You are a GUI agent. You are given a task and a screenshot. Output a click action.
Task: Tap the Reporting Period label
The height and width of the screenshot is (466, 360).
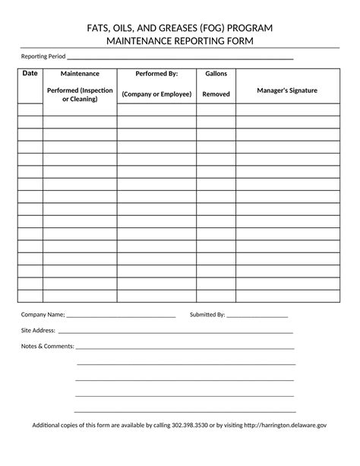coord(43,57)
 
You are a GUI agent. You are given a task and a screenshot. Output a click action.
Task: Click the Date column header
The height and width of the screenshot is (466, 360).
coord(30,73)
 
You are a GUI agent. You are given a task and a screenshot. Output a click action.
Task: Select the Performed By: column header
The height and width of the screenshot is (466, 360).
coord(156,74)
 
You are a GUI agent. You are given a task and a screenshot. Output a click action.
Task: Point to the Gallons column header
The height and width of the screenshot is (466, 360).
coord(216,74)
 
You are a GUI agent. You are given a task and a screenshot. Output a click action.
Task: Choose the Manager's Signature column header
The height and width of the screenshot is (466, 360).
coord(287,90)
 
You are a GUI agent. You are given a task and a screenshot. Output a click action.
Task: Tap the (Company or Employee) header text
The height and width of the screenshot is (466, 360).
coord(156,94)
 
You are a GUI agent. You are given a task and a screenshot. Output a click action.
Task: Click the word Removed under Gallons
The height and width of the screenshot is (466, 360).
coord(216,94)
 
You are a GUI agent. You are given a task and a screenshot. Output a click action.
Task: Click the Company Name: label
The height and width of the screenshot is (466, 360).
coord(43,314)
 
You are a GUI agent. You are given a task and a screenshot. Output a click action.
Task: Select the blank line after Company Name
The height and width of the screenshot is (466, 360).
coord(122,315)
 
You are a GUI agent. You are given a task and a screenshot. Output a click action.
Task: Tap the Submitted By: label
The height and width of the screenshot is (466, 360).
coord(207,314)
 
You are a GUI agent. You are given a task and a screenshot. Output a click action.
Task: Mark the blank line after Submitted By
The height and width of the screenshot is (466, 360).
coord(257,315)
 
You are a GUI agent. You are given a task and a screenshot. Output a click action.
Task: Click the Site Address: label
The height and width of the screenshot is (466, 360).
coord(38,331)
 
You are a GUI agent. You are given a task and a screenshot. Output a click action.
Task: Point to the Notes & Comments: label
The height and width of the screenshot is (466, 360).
coord(47,346)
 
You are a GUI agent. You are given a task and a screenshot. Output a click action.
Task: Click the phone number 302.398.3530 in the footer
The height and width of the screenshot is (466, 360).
coord(190,426)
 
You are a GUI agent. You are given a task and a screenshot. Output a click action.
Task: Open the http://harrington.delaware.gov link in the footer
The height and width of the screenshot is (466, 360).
coord(286,426)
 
